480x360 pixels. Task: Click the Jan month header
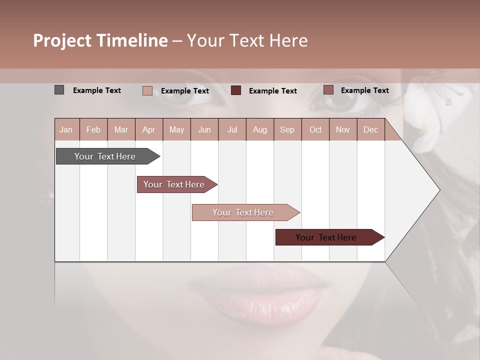(x=66, y=130)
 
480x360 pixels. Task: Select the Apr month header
(x=148, y=130)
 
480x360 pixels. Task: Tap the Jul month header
(x=232, y=130)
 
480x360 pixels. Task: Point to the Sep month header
(x=287, y=130)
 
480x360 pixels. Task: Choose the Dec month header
(x=370, y=130)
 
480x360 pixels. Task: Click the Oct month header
(x=315, y=130)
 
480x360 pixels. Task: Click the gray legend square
(x=59, y=90)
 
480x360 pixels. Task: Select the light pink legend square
(x=147, y=90)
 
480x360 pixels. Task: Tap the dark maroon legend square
(x=236, y=90)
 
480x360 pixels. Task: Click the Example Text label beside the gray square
(x=97, y=90)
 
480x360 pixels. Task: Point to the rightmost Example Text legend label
(x=364, y=90)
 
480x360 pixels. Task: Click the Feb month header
(x=93, y=130)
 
